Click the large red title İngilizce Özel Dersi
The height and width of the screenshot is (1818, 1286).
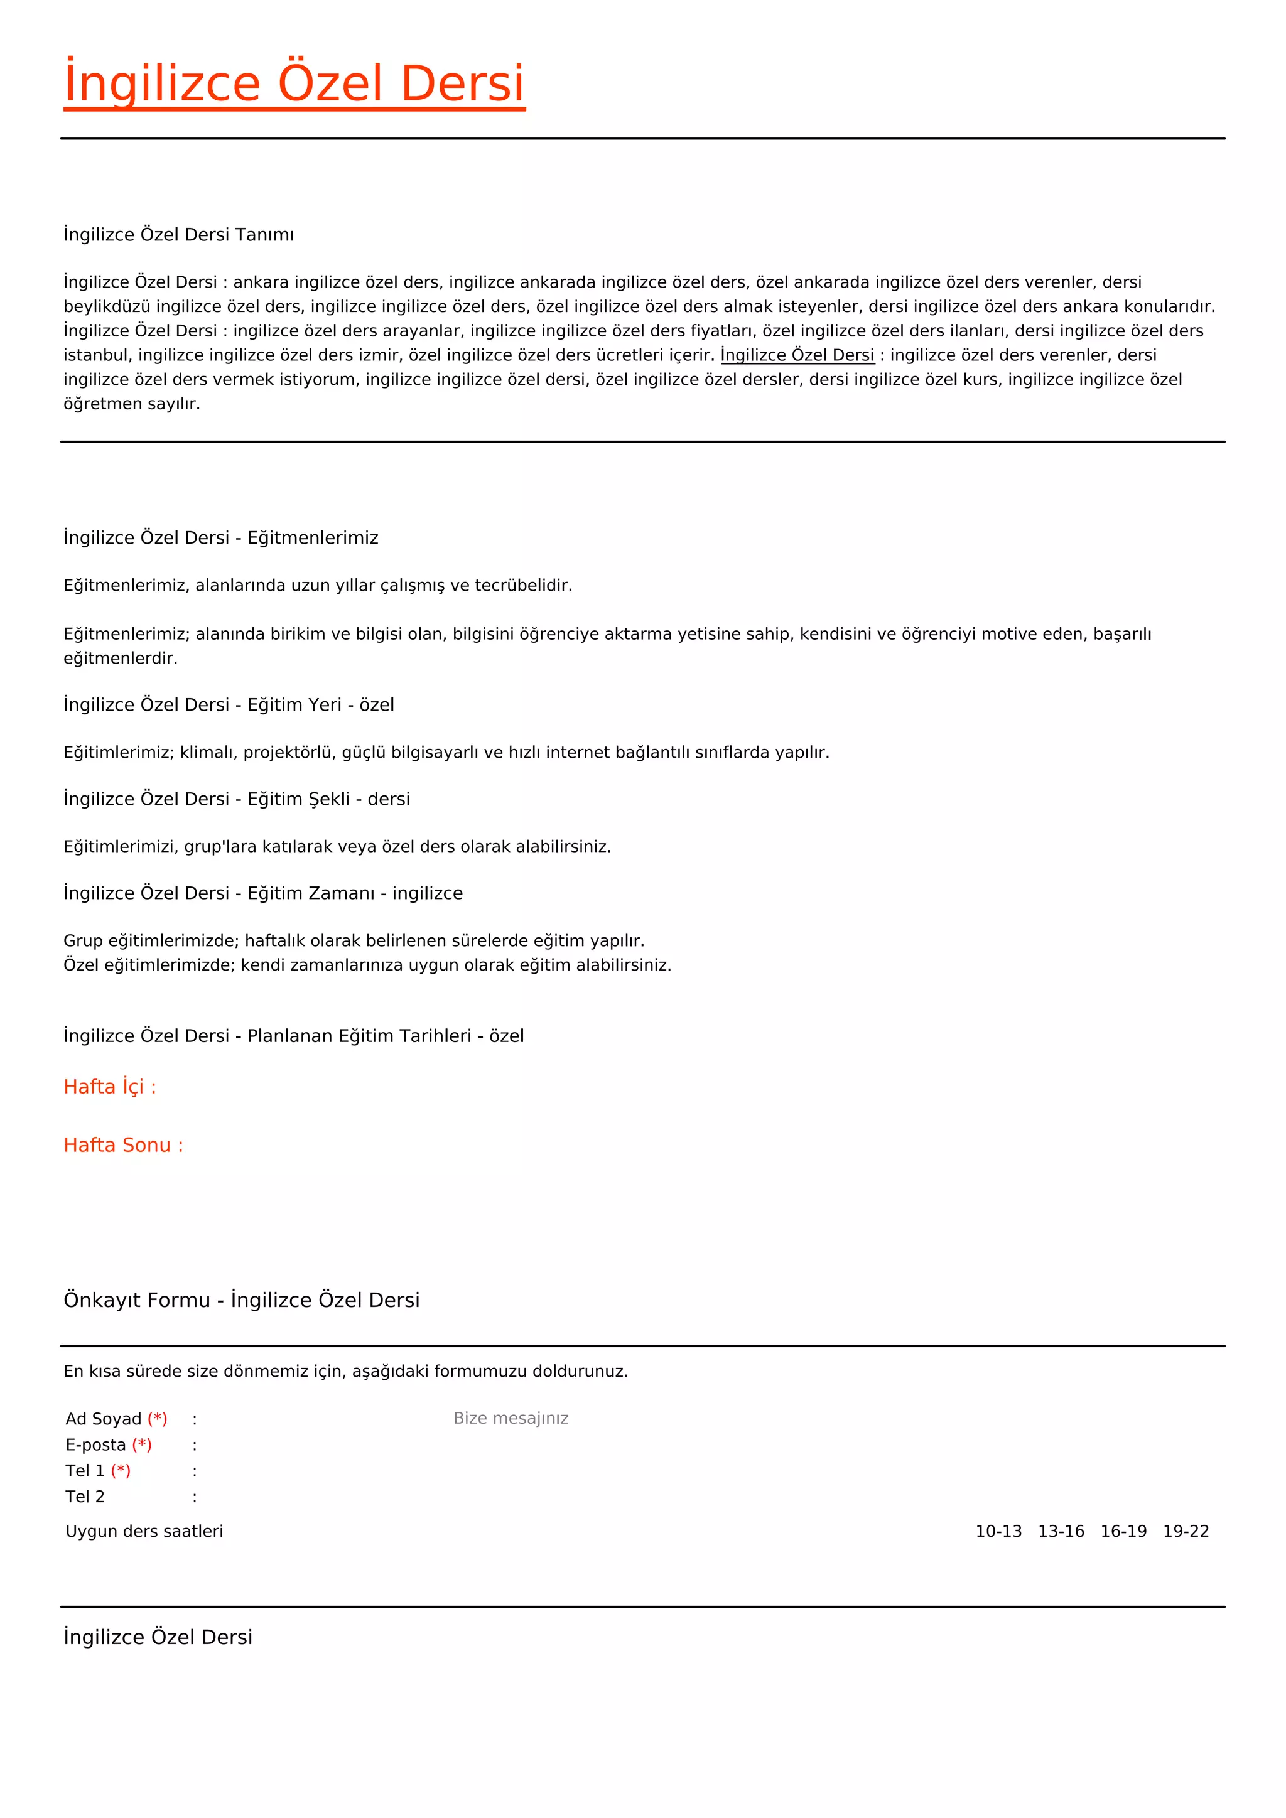click(x=294, y=84)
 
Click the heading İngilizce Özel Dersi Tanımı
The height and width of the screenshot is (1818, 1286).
click(x=179, y=234)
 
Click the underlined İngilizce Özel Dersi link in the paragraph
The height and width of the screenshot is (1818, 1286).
click(x=797, y=355)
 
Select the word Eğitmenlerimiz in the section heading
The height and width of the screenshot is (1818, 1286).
click(x=313, y=537)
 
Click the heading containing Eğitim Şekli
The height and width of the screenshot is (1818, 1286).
click(x=237, y=799)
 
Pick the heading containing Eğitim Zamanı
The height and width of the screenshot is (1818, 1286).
click(x=263, y=893)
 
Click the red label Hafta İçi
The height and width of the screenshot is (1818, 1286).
click(x=110, y=1087)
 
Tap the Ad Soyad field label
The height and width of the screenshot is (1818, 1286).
click(x=104, y=1419)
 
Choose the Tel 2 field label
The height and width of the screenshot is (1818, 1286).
click(x=85, y=1497)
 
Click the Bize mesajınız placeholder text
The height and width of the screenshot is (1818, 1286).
click(x=511, y=1418)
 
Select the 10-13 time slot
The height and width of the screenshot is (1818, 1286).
click(x=998, y=1531)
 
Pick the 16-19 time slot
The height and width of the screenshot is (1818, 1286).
click(x=1123, y=1531)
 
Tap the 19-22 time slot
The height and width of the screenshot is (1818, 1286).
click(x=1186, y=1531)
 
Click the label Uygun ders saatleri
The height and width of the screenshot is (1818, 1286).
click(x=144, y=1531)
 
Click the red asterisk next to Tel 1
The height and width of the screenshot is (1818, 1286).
click(x=121, y=1470)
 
